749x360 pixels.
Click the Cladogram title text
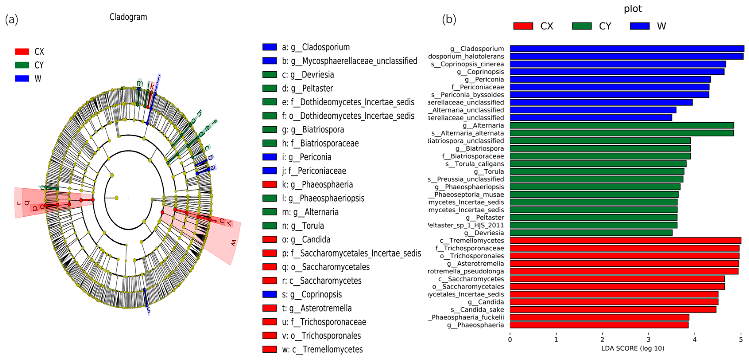pyautogui.click(x=128, y=17)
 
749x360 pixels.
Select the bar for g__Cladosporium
pyautogui.click(x=627, y=48)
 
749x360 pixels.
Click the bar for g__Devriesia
pyautogui.click(x=591, y=233)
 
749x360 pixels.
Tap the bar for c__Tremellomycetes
pyautogui.click(x=625, y=240)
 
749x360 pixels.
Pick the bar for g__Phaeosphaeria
pyautogui.click(x=599, y=325)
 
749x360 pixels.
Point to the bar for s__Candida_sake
pyautogui.click(x=613, y=309)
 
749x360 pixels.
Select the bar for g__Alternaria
pyautogui.click(x=622, y=125)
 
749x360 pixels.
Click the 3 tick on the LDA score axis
pyautogui.click(x=648, y=339)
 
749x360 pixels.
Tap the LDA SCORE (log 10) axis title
pyautogui.click(x=633, y=348)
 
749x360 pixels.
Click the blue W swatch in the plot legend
pyautogui.click(x=640, y=26)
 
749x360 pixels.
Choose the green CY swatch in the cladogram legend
pyautogui.click(x=22, y=65)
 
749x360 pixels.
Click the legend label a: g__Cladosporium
pyautogui.click(x=316, y=47)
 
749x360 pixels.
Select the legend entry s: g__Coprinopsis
pyautogui.click(x=312, y=294)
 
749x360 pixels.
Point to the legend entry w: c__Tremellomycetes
pyautogui.click(x=322, y=349)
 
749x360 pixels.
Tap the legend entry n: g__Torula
pyautogui.click(x=303, y=226)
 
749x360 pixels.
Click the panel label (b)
pyautogui.click(x=449, y=20)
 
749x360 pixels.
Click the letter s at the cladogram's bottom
pyautogui.click(x=149, y=310)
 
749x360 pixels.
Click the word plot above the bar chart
pyautogui.click(x=633, y=9)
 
